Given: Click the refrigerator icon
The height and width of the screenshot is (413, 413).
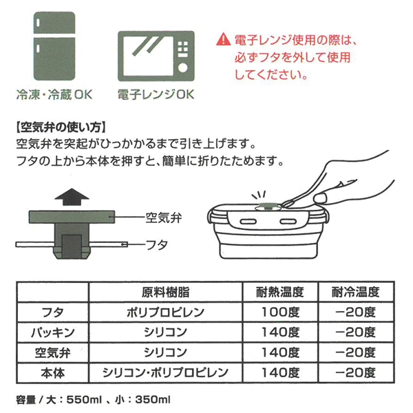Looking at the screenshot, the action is point(54,46).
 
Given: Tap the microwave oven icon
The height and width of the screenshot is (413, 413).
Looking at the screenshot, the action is point(156,56).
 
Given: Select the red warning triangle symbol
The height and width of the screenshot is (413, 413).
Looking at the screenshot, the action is point(223,39).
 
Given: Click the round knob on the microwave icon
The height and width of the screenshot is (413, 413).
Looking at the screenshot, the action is point(183,67).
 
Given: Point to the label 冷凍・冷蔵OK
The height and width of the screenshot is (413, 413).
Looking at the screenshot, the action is point(54,95).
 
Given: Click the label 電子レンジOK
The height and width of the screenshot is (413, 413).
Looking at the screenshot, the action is point(156,95).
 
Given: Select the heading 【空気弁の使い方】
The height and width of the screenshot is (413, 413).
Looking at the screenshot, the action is point(61,127).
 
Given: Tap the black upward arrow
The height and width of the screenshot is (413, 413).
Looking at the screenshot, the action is point(72,196).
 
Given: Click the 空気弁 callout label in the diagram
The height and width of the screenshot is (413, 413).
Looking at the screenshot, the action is point(164,218).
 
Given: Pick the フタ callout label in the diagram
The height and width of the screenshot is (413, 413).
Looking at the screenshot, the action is point(157,244).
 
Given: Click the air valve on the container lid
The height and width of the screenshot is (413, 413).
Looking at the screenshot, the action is point(267,206).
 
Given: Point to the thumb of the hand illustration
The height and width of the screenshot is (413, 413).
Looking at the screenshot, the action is point(321,198).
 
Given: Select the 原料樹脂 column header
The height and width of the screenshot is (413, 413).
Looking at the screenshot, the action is point(166,292).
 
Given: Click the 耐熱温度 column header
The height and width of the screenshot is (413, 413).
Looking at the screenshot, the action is point(280,292).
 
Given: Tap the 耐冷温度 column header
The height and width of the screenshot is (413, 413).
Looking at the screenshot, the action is point(356,292).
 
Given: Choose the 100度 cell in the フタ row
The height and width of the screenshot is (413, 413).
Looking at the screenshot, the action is point(280,312).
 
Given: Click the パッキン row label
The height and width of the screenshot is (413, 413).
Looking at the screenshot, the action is point(53,332).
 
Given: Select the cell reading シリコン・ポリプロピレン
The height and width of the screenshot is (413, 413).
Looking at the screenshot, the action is point(165,372).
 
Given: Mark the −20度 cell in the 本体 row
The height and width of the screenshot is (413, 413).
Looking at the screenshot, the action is point(356,372).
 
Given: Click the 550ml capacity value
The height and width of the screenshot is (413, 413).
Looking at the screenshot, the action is point(84,399).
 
